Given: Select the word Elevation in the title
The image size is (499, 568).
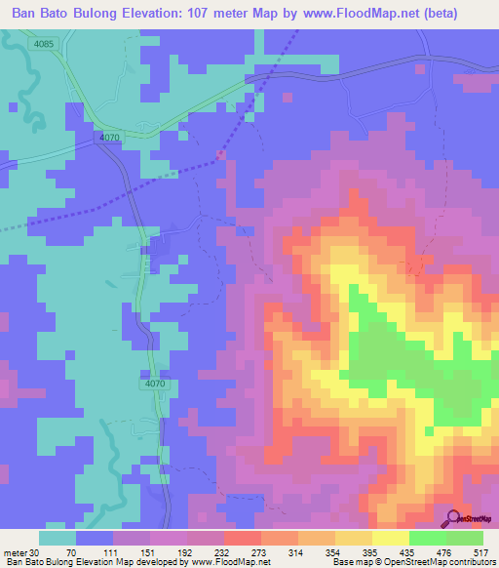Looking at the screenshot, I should (155, 15).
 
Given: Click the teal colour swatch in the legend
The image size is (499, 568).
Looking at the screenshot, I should (58, 539).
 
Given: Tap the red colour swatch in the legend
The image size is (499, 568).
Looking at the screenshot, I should (243, 539).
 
